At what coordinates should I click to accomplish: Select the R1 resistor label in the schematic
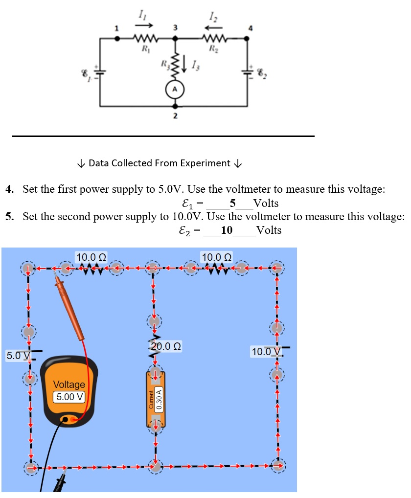[x=145, y=48]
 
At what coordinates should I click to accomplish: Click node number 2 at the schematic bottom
[x=175, y=116]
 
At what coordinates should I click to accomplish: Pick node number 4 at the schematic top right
[x=251, y=28]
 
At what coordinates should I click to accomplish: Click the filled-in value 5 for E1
[x=232, y=203]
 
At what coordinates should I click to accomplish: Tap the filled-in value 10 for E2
[x=227, y=230]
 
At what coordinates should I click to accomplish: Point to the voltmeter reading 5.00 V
[x=68, y=397]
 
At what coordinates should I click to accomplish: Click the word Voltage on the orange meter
[x=68, y=385]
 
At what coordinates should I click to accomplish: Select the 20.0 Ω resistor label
[x=166, y=346]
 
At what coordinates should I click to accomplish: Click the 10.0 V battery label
[x=265, y=351]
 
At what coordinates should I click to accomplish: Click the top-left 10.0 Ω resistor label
[x=91, y=256]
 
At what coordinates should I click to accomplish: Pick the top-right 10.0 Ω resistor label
[x=217, y=256]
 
